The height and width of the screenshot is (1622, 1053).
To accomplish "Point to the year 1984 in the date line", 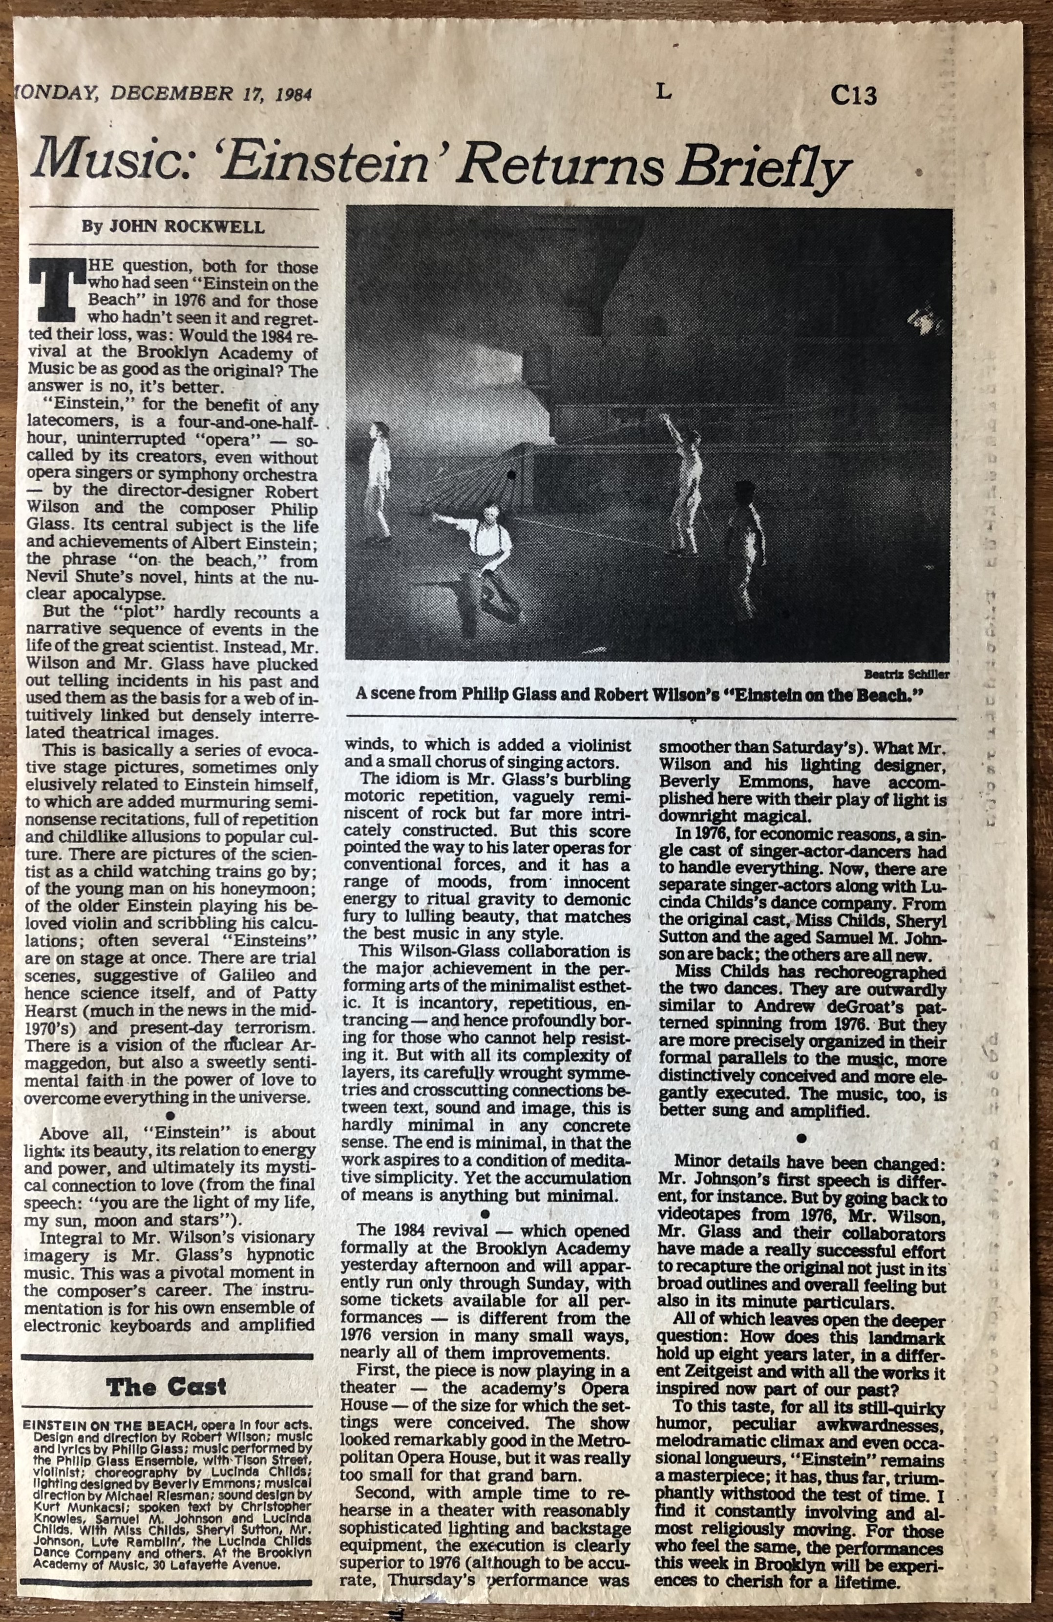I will pos(294,94).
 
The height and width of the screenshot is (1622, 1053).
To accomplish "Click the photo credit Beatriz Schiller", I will pos(906,674).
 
